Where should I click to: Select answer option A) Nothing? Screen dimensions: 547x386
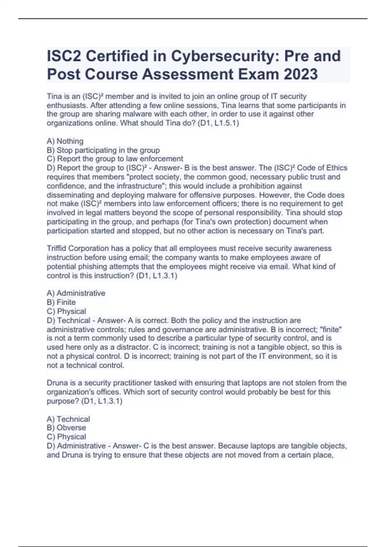[x=65, y=141]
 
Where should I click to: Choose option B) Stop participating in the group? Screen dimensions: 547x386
[x=103, y=150]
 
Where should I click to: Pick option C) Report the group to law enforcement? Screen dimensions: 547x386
[x=115, y=159]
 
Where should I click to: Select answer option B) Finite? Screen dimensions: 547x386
[x=61, y=302]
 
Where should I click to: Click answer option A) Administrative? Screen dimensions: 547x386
[x=76, y=293]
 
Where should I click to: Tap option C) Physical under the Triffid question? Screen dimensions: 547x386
[x=66, y=311]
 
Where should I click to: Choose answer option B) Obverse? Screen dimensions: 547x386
[x=66, y=428]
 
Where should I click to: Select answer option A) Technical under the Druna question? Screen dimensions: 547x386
[x=68, y=419]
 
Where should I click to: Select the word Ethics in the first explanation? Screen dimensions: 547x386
[x=337, y=168]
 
